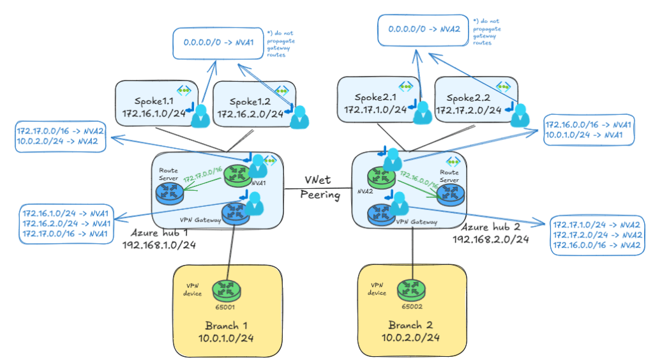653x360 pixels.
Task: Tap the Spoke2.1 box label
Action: [x=375, y=98]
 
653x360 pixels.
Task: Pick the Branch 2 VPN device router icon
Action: [x=412, y=289]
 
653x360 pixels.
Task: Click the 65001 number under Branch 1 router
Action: [x=227, y=306]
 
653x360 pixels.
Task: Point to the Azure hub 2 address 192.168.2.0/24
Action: [x=490, y=239]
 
